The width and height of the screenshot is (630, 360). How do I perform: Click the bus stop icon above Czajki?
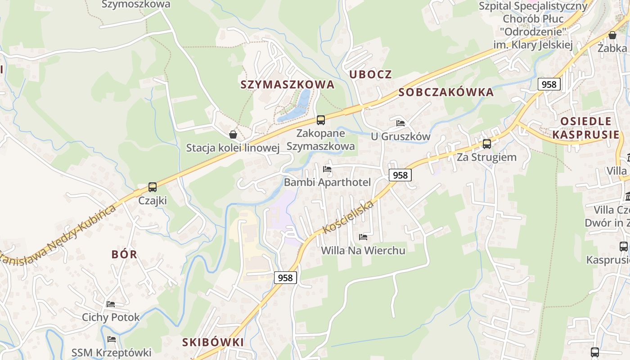(153, 187)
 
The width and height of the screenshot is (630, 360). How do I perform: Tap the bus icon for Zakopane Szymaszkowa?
(320, 120)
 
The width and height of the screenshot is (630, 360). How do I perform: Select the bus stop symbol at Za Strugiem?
(486, 144)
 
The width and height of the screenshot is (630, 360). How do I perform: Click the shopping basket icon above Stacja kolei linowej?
(233, 135)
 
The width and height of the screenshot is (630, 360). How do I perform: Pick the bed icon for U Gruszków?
(400, 123)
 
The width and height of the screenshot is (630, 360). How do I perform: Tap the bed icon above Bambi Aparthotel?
(327, 169)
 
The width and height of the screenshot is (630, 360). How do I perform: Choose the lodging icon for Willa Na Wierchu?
(363, 237)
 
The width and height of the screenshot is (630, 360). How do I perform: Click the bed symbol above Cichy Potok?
(111, 304)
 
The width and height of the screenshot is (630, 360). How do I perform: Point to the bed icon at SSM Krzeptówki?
(112, 339)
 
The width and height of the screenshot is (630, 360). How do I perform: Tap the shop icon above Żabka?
(612, 35)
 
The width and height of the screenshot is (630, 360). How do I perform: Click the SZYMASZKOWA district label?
(288, 85)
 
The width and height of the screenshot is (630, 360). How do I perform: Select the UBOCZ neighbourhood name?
(371, 75)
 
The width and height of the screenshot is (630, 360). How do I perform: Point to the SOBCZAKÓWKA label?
(446, 93)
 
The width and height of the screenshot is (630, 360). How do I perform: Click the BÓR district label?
(124, 254)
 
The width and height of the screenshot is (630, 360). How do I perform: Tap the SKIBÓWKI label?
(213, 342)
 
